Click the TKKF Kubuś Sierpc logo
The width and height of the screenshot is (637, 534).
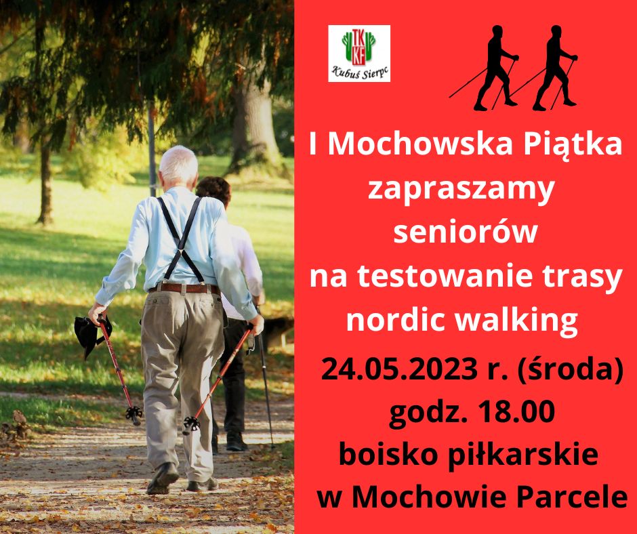tap(359, 54)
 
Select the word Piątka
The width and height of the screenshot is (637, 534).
tap(573, 146)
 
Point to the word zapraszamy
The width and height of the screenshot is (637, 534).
tap(461, 190)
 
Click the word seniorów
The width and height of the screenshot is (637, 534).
tap(466, 232)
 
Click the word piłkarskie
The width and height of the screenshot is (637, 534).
tap(523, 455)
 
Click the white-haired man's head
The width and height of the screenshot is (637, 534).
tap(178, 165)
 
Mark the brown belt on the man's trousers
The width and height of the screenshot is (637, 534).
tap(185, 289)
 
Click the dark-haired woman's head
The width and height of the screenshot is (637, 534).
tap(214, 189)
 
